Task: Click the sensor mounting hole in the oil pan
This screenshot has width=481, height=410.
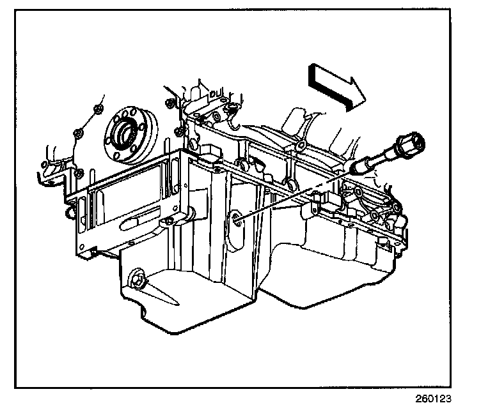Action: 237,220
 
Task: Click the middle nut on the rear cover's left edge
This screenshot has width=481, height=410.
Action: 77,133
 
